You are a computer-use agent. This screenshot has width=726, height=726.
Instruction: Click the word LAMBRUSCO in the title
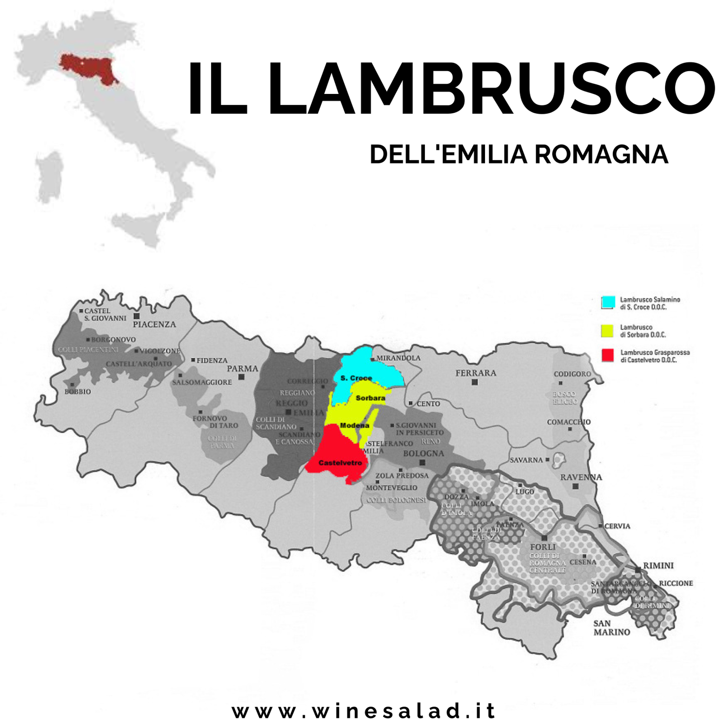491,90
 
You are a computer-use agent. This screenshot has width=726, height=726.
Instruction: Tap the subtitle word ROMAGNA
601,155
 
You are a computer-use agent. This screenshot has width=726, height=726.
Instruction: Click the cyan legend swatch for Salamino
608,302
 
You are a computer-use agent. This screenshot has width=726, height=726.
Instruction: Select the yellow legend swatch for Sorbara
607,331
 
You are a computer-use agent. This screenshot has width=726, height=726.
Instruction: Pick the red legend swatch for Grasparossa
607,355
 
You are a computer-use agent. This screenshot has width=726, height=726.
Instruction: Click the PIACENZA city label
154,324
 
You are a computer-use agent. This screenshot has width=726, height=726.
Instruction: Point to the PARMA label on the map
242,368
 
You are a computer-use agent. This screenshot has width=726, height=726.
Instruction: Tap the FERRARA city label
476,373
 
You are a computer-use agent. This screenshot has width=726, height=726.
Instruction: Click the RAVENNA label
581,477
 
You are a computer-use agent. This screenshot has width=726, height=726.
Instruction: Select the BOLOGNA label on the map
423,454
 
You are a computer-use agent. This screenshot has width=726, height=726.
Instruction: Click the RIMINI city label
658,565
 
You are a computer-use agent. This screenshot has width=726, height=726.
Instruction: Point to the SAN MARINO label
612,628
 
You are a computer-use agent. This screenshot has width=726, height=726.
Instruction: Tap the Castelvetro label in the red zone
340,463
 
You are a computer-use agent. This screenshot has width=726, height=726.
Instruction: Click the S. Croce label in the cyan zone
356,378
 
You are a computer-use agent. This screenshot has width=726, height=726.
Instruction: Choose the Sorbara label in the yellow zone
370,398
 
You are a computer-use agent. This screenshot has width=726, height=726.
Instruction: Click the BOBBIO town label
78,392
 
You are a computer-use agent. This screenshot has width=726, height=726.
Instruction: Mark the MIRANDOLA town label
398,358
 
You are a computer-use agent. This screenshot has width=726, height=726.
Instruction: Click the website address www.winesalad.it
364,711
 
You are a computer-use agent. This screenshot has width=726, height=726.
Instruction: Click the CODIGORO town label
573,374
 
